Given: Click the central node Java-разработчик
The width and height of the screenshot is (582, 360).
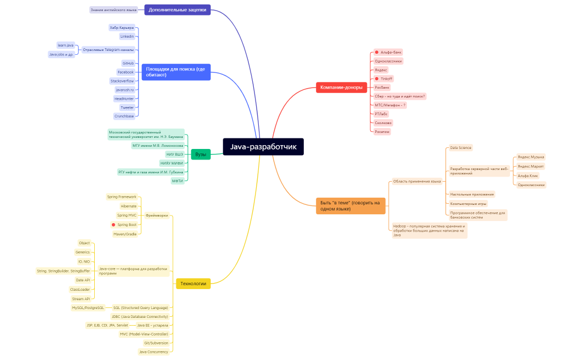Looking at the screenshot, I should coord(263,147).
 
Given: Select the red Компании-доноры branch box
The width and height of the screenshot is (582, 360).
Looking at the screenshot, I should coord(341,87).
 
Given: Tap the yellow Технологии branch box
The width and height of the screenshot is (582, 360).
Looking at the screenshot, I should coord(193,284).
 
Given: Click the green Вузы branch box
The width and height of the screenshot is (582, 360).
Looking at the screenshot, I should coord(201,155).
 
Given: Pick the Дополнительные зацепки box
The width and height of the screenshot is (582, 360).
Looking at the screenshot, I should coord(177,10).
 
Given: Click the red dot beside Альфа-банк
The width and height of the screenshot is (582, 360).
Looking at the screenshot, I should coord(377,52).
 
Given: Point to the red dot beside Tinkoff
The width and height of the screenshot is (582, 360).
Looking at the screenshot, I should coord(377,79).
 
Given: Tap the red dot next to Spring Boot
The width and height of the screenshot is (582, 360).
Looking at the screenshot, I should coord(114,225).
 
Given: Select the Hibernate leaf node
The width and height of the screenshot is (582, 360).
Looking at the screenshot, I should coord(129,206).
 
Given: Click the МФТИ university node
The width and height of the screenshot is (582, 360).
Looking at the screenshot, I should coord(177,181).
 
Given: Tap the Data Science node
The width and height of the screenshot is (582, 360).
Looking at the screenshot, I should coord(461,148).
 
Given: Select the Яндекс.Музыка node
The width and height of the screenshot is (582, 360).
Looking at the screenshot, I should coord(530,157).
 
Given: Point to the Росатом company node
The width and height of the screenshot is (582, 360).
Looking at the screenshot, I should coord(382,132).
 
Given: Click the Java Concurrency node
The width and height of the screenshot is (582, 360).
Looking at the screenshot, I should coord(154,352).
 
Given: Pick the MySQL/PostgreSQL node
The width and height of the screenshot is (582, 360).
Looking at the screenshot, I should coord(88,307).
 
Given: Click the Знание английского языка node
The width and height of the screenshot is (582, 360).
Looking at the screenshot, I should coord(114,10).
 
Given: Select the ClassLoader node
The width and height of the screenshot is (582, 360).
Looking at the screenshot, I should coord(80,289).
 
